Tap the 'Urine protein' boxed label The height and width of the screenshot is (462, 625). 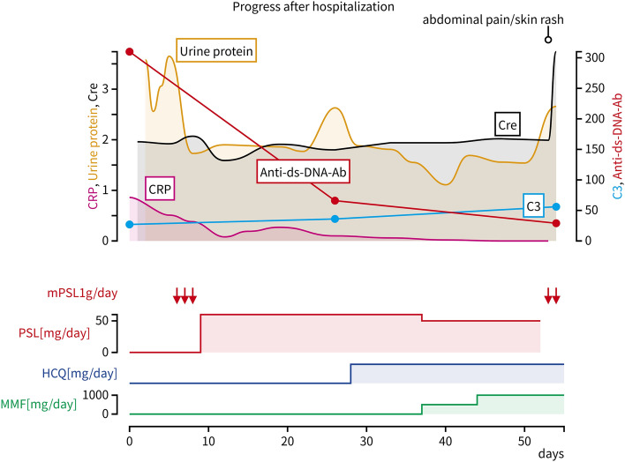click(217, 52)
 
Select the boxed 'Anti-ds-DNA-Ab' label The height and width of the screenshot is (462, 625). click(304, 173)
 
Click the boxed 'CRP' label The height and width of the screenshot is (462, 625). click(160, 189)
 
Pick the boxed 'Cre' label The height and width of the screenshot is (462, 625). click(507, 125)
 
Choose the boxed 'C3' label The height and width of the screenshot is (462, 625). click(533, 205)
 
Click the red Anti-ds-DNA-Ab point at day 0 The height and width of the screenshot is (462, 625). click(130, 52)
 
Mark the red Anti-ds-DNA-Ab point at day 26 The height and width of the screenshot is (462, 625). click(335, 201)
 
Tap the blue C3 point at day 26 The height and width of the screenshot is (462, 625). click(335, 219)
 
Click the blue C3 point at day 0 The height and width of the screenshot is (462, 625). click(130, 225)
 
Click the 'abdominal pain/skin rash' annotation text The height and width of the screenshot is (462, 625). click(506, 19)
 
